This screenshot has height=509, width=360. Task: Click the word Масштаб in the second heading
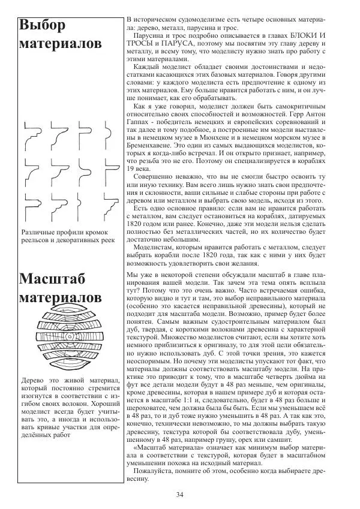click(52, 279)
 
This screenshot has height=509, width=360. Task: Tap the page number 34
click(180, 494)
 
